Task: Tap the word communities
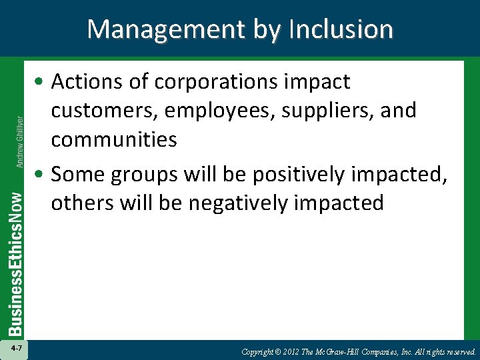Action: pyautogui.click(x=114, y=140)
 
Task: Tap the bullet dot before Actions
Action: pyautogui.click(x=42, y=83)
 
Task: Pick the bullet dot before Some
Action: pyautogui.click(x=42, y=175)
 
